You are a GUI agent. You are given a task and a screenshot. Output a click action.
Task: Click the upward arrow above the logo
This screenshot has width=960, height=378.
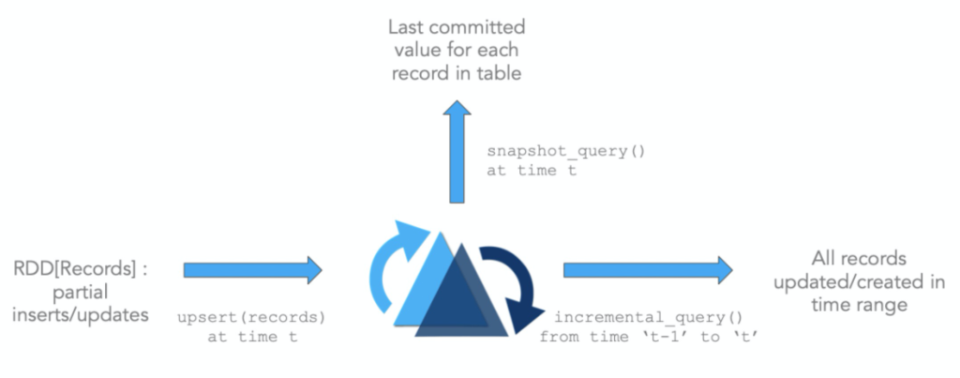[457, 156]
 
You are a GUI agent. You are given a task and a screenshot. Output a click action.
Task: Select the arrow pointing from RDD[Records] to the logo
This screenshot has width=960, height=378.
[252, 270]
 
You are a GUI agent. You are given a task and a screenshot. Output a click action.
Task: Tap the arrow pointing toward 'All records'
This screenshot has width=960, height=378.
[647, 270]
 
